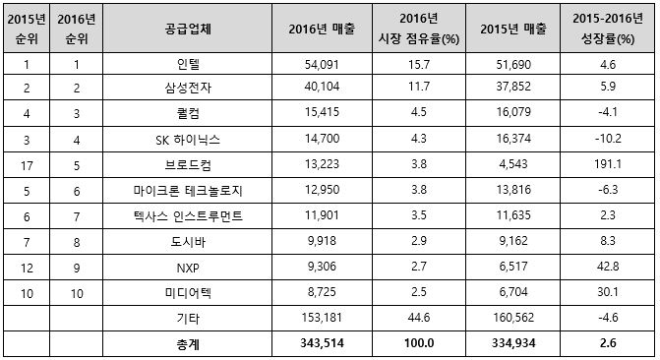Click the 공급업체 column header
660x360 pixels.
[188, 30]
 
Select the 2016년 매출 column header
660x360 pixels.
[322, 30]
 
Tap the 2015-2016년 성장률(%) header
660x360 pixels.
[608, 29]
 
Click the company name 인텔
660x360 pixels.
[188, 64]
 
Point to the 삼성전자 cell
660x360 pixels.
[188, 88]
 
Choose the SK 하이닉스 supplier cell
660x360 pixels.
[188, 140]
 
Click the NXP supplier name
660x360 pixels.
[188, 268]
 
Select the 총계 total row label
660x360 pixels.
[188, 344]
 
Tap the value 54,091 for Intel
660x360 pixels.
[322, 64]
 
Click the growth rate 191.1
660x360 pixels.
[608, 164]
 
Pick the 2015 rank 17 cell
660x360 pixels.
[27, 166]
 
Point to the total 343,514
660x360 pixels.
[322, 343]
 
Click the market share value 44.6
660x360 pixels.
[419, 318]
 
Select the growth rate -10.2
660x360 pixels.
[608, 139]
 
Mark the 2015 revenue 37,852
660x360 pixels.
[513, 87]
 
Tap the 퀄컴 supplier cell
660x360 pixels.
[188, 113]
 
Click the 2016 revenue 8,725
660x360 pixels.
[322, 292]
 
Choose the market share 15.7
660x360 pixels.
[419, 64]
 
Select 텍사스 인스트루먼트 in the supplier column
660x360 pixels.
[188, 216]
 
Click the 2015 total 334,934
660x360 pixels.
[513, 343]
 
